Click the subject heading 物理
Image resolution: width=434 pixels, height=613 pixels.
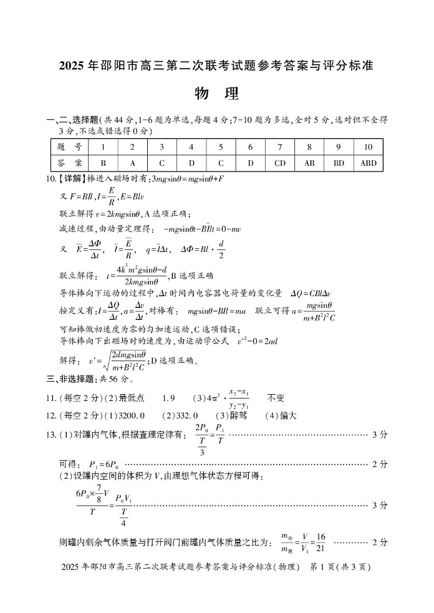coord(216,94)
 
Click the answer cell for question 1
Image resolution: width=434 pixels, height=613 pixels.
coord(103,163)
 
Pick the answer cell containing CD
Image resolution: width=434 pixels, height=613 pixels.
coord(280,163)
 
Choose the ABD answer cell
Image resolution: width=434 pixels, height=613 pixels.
coord(368,163)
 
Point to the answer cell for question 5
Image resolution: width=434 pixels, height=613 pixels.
coord(221,163)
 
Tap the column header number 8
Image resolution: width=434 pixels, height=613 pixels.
coord(309,147)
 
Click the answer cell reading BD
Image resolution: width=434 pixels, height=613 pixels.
coord(339,163)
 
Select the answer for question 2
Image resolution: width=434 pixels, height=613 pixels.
coord(132,163)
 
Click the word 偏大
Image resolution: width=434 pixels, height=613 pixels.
coord(288,415)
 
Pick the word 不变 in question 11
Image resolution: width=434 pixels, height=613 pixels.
coord(276,397)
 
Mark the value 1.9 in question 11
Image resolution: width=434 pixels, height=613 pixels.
coord(168,397)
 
